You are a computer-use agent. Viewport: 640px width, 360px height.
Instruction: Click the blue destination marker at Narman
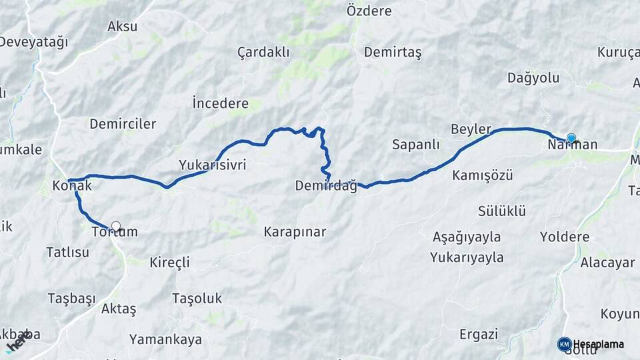[571, 138]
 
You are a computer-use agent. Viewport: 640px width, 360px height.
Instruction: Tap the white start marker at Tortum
[116, 226]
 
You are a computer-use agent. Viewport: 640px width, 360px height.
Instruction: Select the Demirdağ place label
[325, 186]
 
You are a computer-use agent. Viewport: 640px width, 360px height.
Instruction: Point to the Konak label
[71, 186]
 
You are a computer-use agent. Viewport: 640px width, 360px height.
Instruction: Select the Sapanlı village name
[416, 144]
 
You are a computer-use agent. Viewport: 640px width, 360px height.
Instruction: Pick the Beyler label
[471, 129]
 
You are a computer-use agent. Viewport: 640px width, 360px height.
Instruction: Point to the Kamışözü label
[482, 175]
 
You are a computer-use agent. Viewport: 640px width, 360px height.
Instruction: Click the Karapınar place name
[295, 232]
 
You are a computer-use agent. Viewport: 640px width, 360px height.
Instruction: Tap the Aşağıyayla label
[467, 237]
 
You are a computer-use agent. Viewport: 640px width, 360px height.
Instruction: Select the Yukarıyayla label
[467, 257]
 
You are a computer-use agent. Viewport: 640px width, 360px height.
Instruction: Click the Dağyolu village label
[533, 78]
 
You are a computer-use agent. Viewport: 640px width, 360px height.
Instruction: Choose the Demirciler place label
[123, 123]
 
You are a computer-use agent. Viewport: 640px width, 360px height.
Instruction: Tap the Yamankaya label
[165, 339]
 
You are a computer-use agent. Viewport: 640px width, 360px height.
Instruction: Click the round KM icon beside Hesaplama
[565, 344]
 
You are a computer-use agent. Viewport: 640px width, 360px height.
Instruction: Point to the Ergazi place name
[479, 334]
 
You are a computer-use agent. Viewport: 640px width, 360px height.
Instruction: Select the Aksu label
[122, 27]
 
